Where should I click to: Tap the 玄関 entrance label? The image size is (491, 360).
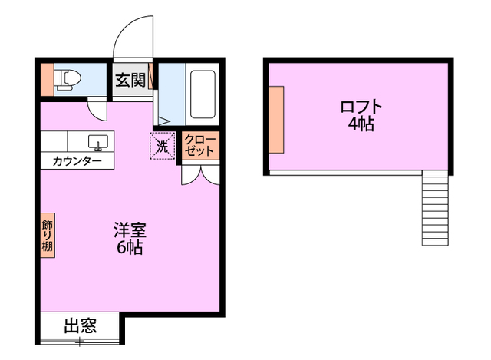click(x=130, y=80)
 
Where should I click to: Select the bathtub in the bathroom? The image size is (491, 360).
click(x=203, y=93)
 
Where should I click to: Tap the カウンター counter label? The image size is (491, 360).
click(x=77, y=162)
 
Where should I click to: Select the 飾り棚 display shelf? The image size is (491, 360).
click(x=48, y=236)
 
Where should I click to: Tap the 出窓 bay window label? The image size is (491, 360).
click(x=80, y=325)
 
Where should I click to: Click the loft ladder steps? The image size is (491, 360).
click(x=434, y=207)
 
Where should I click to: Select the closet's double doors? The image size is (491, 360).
click(x=200, y=173)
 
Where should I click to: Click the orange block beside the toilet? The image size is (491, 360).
click(x=47, y=79)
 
